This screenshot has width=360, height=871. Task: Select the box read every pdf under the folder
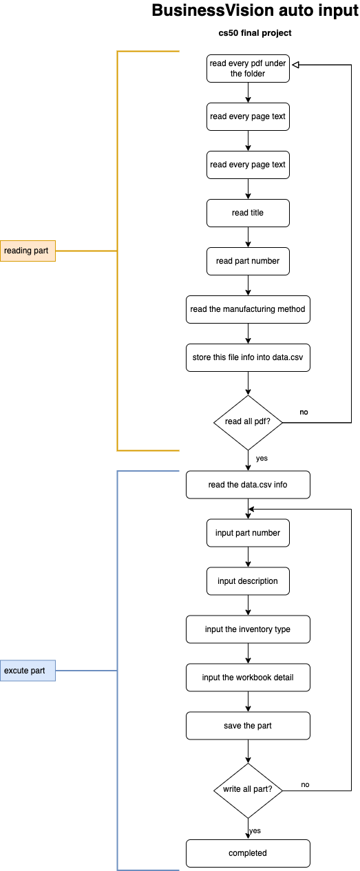pos(248,68)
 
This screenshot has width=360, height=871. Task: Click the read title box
pos(248,213)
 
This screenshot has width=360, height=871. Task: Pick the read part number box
pos(248,261)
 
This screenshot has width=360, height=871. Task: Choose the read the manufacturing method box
pos(248,309)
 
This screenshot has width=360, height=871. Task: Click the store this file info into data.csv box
pos(248,357)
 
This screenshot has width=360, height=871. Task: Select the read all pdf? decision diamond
pos(248,422)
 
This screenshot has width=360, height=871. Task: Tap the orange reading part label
pos(28,251)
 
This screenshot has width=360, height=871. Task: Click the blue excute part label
pos(28,671)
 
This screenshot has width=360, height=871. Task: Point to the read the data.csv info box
pos(248,485)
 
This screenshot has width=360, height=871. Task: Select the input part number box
pos(248,533)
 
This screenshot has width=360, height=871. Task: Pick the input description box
pos(248,581)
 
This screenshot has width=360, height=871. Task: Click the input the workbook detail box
pos(248,678)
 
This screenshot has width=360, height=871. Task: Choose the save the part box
pos(248,726)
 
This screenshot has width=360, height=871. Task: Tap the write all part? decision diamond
pos(248,790)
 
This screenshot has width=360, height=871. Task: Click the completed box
pos(248,853)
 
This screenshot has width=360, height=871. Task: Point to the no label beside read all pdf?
pos(304,412)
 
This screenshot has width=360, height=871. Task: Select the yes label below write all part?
pos(255,830)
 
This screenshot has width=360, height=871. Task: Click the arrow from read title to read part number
pos(248,237)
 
